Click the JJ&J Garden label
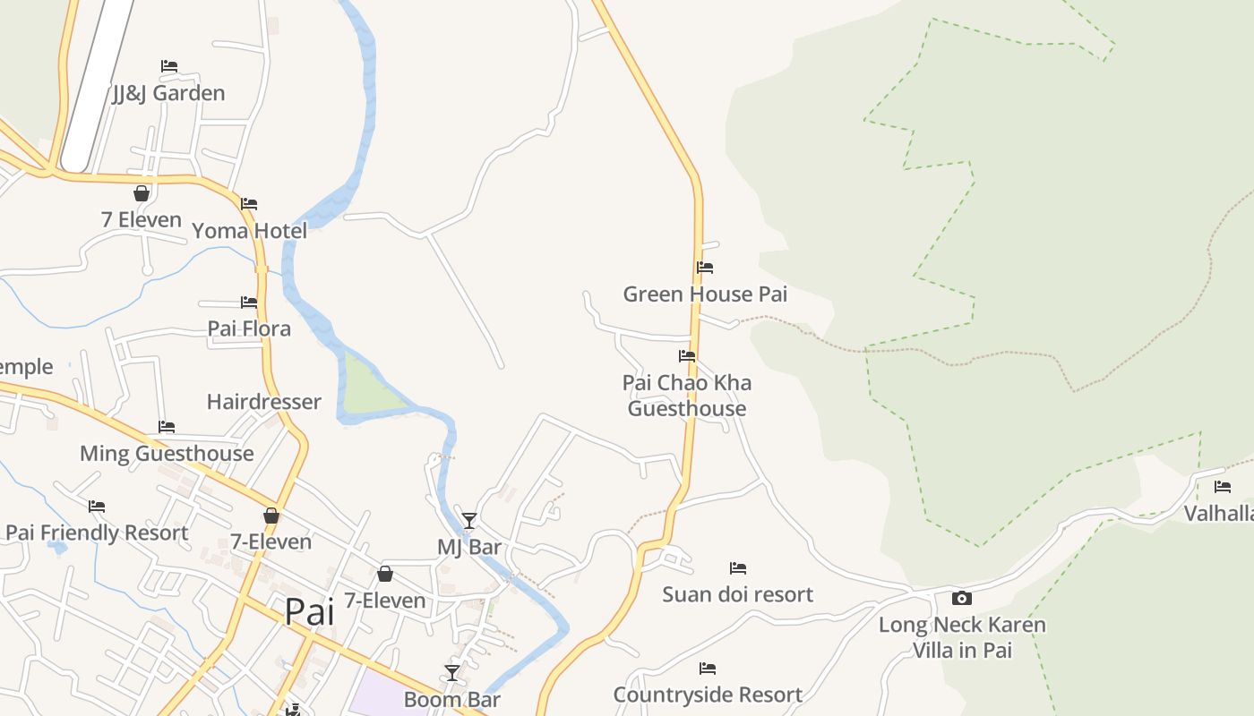(x=168, y=93)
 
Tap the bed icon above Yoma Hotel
(x=249, y=204)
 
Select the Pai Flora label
(x=249, y=328)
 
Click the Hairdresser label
(x=263, y=402)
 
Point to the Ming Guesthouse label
(x=167, y=454)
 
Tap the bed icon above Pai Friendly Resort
(x=97, y=507)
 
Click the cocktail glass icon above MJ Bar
(x=468, y=520)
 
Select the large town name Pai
(x=310, y=612)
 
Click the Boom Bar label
(x=451, y=700)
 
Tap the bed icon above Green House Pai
(x=705, y=267)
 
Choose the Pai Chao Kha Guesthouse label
(x=687, y=396)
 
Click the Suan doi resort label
(x=737, y=594)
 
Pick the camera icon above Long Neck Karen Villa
(x=961, y=598)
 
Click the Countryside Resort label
(x=708, y=695)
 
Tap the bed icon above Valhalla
(x=1223, y=487)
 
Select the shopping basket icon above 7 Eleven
(x=141, y=193)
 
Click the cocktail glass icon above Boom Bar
(x=451, y=672)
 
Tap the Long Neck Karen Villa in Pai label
(x=962, y=637)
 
